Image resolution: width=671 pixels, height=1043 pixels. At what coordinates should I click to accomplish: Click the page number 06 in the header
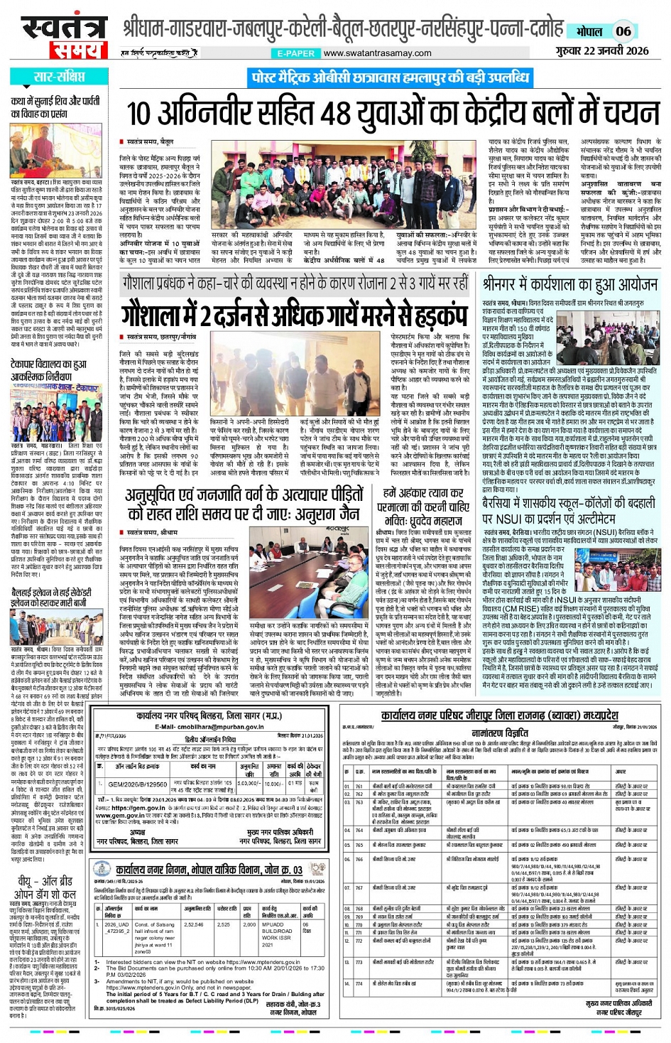[x=623, y=31]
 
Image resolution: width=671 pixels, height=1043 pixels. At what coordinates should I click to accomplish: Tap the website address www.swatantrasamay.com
[x=377, y=53]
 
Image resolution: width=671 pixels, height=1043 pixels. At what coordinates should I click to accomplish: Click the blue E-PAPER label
[x=296, y=53]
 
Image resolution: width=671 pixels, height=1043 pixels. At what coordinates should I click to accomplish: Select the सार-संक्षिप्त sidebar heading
[x=59, y=77]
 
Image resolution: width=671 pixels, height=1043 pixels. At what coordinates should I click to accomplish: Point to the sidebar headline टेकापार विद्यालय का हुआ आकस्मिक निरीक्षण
[x=49, y=371]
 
